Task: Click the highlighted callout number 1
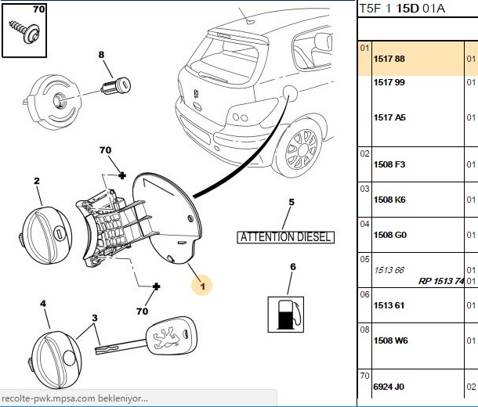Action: pyautogui.click(x=202, y=286)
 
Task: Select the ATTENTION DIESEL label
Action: pyautogui.click(x=286, y=237)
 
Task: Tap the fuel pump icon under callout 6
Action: pyautogui.click(x=286, y=315)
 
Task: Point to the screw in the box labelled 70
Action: pyautogui.click(x=25, y=30)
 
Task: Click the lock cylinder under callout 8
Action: pyautogui.click(x=115, y=85)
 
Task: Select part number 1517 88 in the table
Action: pyautogui.click(x=389, y=59)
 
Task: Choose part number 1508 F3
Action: pyautogui.click(x=389, y=164)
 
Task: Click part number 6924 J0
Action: pyautogui.click(x=389, y=387)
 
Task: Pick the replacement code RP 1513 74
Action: pyautogui.click(x=441, y=281)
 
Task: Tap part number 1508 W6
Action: pyautogui.click(x=390, y=340)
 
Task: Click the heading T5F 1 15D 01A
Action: pyautogui.click(x=402, y=9)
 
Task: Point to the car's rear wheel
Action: pyautogui.click(x=302, y=149)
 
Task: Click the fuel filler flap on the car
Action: pyautogui.click(x=290, y=93)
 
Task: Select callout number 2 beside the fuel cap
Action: pyautogui.click(x=37, y=181)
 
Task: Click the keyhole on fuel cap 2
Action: pyautogui.click(x=59, y=233)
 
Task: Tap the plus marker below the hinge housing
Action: pyautogui.click(x=156, y=286)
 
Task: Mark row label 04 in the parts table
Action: pyautogui.click(x=364, y=224)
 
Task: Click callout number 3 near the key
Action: pyautogui.click(x=95, y=318)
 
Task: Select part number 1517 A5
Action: pyautogui.click(x=389, y=117)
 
